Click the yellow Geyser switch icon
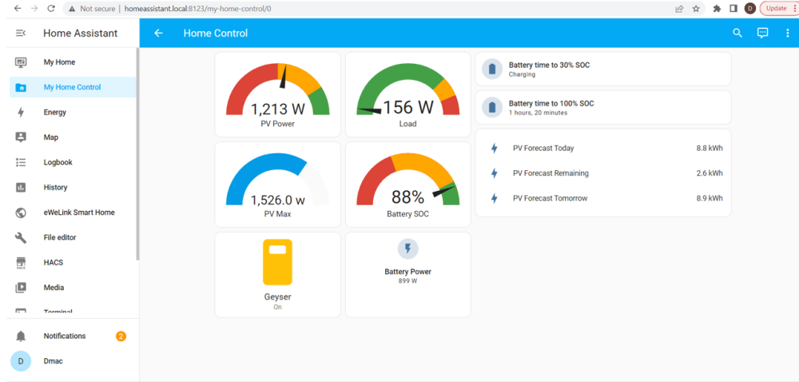coord(277,262)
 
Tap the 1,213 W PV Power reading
coord(278,109)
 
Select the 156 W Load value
coord(408,107)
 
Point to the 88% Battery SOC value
coord(407,197)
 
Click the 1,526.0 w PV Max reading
coord(278,200)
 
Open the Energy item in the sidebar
coord(55,112)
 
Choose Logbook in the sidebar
coord(58,162)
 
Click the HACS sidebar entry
coord(54,262)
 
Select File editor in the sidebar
coord(60,237)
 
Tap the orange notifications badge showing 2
coord(121,336)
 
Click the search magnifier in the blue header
coord(737,33)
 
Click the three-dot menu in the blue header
coord(787,33)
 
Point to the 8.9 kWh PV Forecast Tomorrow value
coord(710,198)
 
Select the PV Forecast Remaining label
coord(551,173)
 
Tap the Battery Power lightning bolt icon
coord(407,249)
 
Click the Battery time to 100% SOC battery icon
coord(492,107)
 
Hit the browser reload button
coord(51,9)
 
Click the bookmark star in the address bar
coord(696,9)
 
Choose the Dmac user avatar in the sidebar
coord(21,361)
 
